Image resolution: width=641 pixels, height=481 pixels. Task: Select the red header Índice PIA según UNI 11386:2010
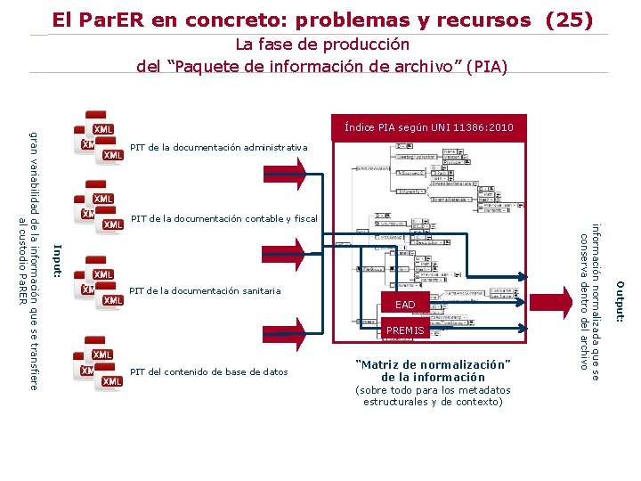click(x=429, y=128)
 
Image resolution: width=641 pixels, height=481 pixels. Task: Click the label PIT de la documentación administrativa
click(x=218, y=147)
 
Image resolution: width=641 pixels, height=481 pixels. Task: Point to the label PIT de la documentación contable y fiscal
click(x=223, y=218)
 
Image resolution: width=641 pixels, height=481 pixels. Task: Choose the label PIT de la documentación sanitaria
click(x=205, y=290)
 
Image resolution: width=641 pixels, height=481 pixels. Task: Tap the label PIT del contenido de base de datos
click(x=208, y=371)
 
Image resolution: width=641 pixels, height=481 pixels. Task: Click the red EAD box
click(x=405, y=305)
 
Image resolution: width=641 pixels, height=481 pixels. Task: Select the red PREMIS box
click(x=405, y=330)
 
